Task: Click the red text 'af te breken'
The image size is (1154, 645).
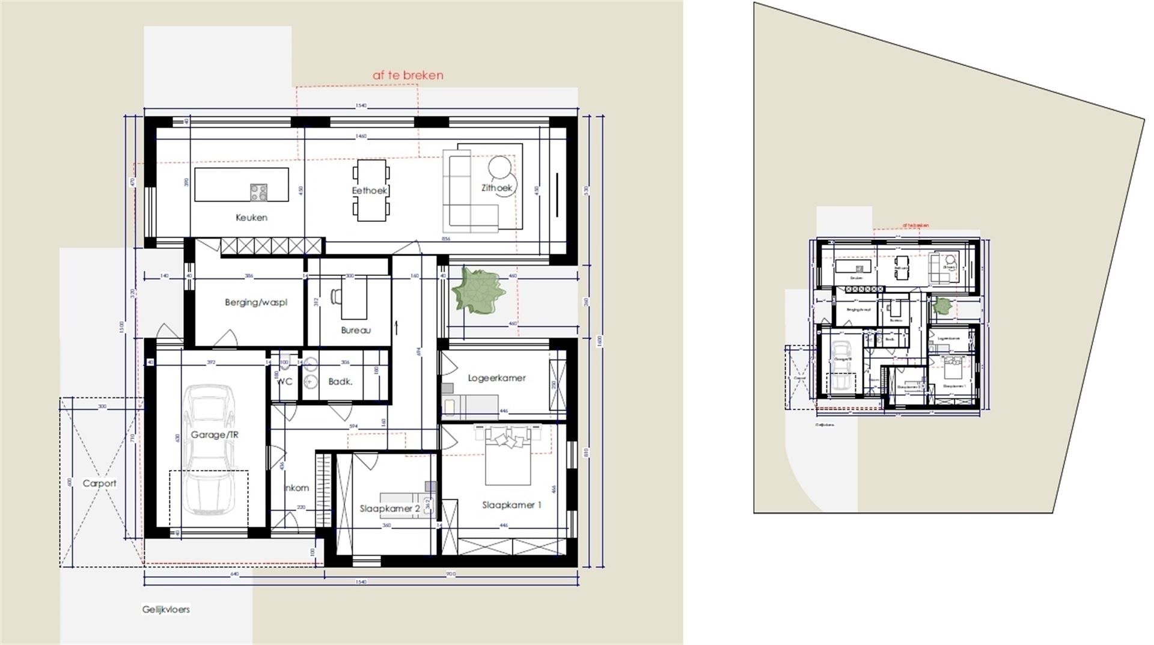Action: pos(408,75)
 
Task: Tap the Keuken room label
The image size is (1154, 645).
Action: pos(251,218)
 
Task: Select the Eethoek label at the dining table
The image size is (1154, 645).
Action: pos(370,191)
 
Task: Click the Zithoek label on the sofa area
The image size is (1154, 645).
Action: pos(496,188)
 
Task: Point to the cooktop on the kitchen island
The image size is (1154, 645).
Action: pos(259,192)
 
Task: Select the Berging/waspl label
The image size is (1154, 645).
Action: pos(256,302)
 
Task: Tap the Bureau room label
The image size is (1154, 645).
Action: pos(356,330)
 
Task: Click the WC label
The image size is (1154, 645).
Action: pos(284,382)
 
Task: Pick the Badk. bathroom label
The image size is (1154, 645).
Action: pos(340,382)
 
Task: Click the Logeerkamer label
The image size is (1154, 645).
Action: pos(496,378)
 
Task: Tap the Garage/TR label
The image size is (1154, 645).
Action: pos(215,435)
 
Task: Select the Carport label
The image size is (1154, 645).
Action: pos(99,483)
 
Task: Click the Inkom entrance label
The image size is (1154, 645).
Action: pos(296,488)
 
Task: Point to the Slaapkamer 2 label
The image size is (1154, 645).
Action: pos(389,509)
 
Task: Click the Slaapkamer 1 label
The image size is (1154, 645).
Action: pos(511,505)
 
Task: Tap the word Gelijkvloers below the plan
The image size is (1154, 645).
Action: pos(166,610)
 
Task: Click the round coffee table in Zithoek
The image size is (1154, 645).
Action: pos(500,168)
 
